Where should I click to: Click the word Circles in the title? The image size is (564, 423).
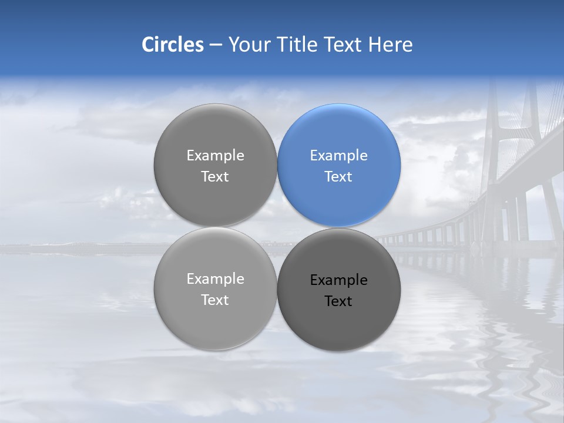tap(172, 45)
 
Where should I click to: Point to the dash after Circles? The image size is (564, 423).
tap(216, 45)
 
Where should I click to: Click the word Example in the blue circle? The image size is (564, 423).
tap(338, 156)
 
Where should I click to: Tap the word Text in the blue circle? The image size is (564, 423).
tap(338, 177)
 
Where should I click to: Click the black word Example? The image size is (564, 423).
tap(338, 280)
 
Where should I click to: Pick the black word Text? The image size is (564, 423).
tap(338, 301)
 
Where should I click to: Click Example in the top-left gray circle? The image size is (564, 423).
tap(215, 156)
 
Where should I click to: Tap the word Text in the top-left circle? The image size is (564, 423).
tap(215, 177)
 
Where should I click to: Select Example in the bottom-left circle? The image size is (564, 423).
tap(215, 279)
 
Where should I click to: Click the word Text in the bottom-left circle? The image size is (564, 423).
tap(215, 300)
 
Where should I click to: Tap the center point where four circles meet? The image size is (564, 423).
tap(277, 227)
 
